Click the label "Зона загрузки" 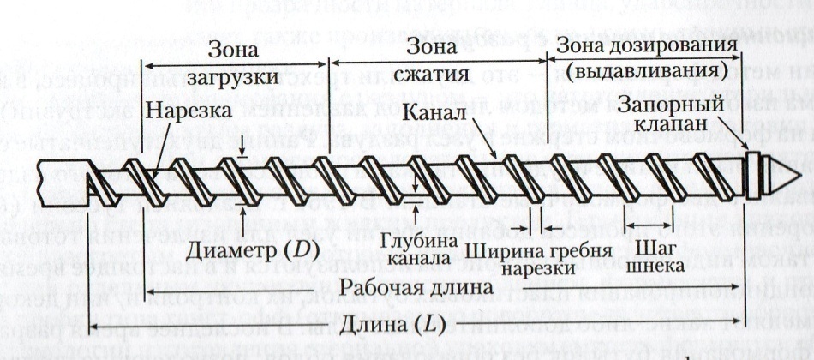pos(233,64)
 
